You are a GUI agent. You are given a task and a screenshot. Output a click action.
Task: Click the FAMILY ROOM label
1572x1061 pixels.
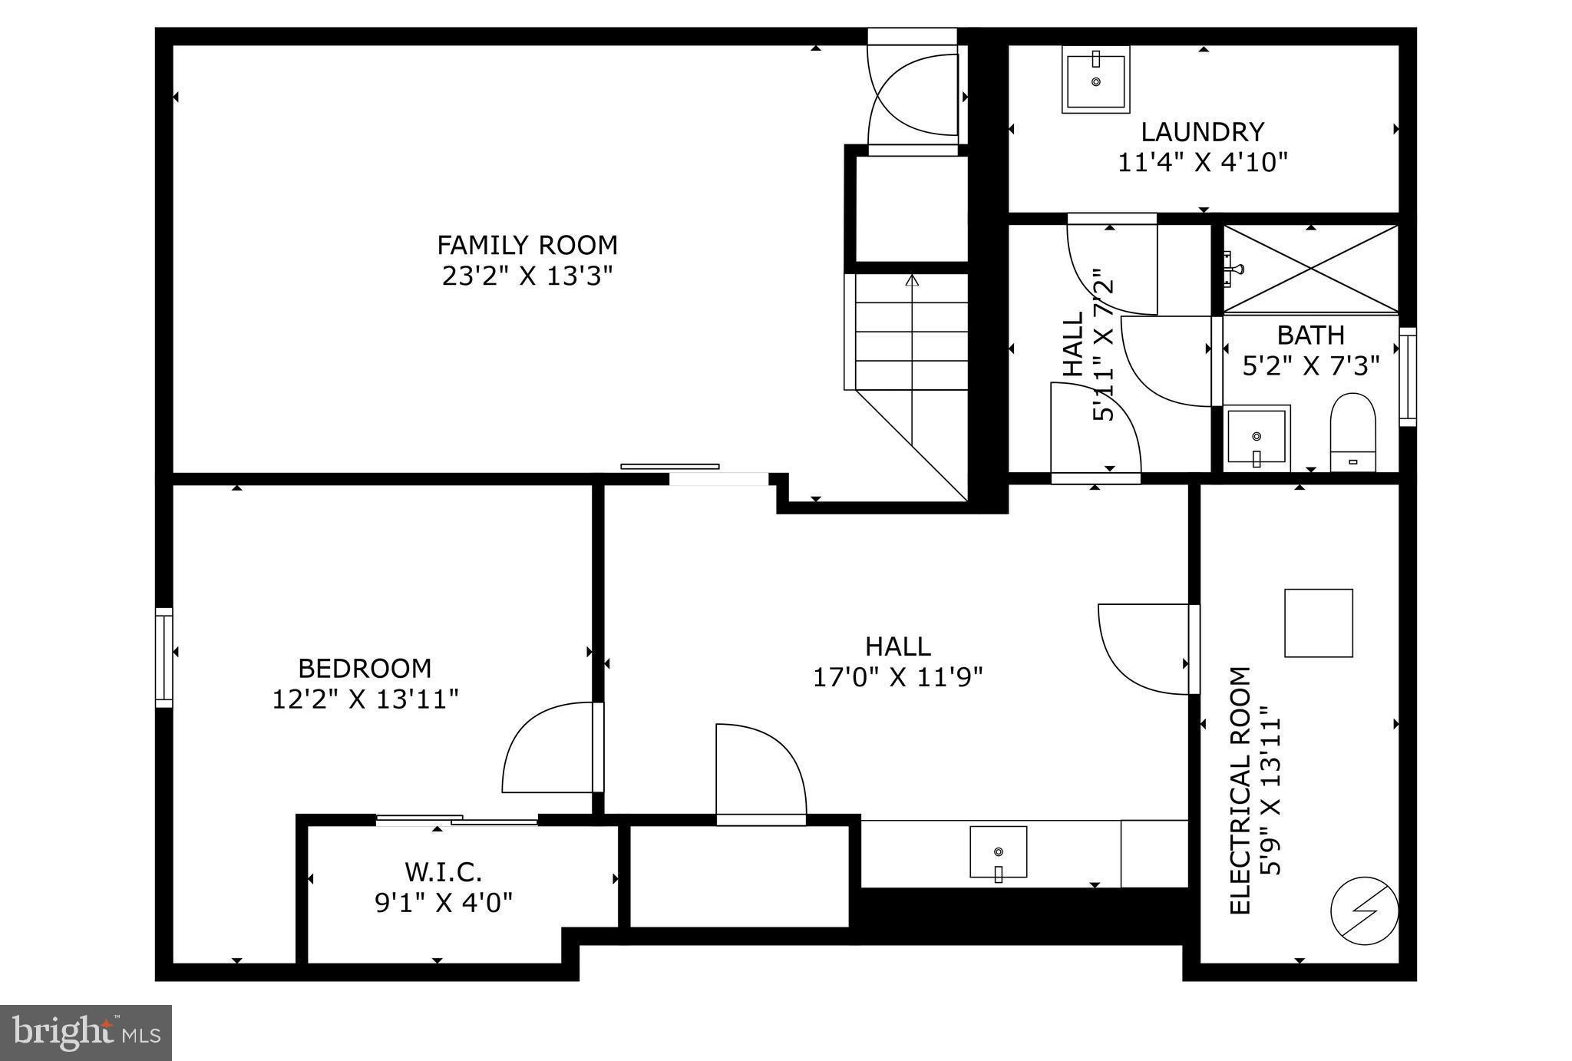pos(527,245)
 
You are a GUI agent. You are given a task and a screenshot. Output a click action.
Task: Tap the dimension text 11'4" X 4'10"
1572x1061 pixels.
pos(1202,163)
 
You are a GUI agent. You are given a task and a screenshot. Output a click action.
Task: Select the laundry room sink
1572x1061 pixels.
pos(1095,79)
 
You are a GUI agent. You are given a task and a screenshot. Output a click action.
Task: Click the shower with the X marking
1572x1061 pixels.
pos(1310,269)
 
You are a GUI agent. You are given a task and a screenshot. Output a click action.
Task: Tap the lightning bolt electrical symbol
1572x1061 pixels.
pos(1364,911)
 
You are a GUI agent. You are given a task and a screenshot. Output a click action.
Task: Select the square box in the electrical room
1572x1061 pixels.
pos(1319,623)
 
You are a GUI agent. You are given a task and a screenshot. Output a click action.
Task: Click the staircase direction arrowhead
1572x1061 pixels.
pos(912,280)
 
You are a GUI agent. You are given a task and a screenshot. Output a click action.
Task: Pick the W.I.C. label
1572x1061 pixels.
pos(444,872)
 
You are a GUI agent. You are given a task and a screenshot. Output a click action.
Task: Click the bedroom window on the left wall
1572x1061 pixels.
pos(163,657)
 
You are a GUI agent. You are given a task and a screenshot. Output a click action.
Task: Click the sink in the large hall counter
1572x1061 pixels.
pos(998,852)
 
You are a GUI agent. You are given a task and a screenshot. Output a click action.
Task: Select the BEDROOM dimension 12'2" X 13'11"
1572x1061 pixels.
pos(365,699)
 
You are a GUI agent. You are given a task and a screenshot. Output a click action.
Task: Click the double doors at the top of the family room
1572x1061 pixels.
pos(913,95)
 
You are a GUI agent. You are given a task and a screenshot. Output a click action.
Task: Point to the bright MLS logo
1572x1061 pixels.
pos(85,1033)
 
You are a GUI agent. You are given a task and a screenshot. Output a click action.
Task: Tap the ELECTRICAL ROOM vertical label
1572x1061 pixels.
pos(1240,791)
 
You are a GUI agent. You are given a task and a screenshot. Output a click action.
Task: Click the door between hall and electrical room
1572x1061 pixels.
pos(1144,649)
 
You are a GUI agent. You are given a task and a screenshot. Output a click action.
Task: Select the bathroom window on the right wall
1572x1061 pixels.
pos(1408,377)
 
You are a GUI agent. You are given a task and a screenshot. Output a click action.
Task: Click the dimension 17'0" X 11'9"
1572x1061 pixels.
pos(897,677)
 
